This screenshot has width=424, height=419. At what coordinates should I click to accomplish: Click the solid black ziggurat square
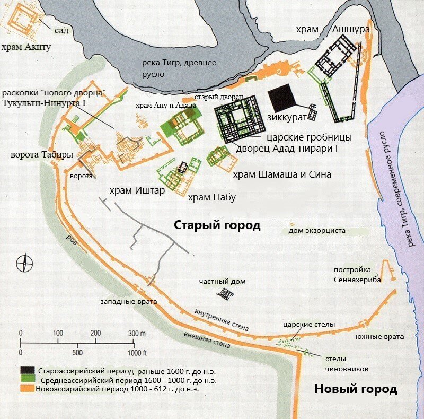282,98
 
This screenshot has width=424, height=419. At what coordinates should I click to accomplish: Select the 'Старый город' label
217,225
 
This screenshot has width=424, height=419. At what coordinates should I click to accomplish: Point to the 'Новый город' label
356,389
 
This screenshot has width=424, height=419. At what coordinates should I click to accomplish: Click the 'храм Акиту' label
26,48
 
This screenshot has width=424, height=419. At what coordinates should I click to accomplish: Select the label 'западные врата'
128,302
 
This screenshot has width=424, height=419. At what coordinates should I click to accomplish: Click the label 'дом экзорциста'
317,231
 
